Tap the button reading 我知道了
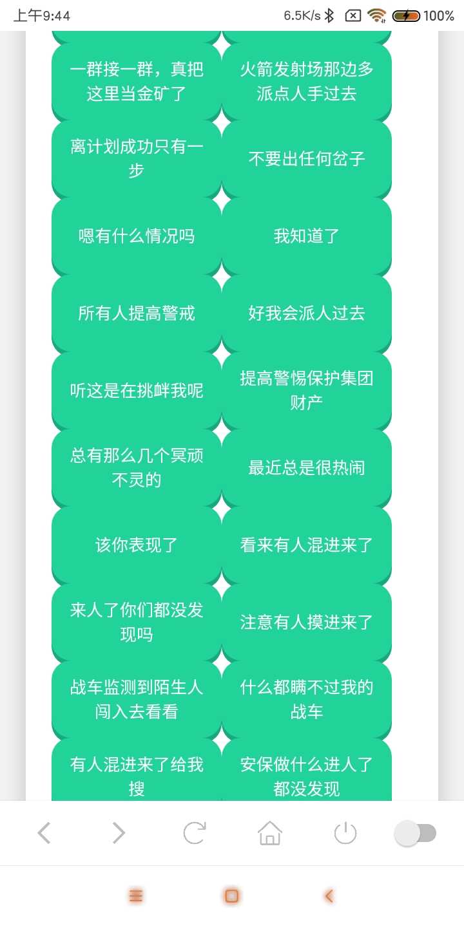tap(307, 236)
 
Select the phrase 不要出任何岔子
tap(307, 159)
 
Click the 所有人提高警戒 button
tap(137, 314)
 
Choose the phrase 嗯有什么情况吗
tap(137, 236)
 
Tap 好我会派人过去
tap(307, 314)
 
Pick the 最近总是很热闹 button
tap(307, 468)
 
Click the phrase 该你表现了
tap(137, 545)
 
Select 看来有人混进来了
tap(307, 545)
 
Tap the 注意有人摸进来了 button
tap(307, 623)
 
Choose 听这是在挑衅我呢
tap(137, 391)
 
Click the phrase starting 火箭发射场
tap(307, 82)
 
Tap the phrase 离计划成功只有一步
tap(137, 159)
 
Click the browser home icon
tap(269, 832)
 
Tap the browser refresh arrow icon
tap(195, 832)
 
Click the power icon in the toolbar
tap(345, 832)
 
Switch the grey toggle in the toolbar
tap(415, 832)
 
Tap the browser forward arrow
tap(119, 832)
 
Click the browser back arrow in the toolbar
tap(44, 832)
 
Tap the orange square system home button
tap(231, 896)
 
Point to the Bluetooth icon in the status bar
tap(329, 15)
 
